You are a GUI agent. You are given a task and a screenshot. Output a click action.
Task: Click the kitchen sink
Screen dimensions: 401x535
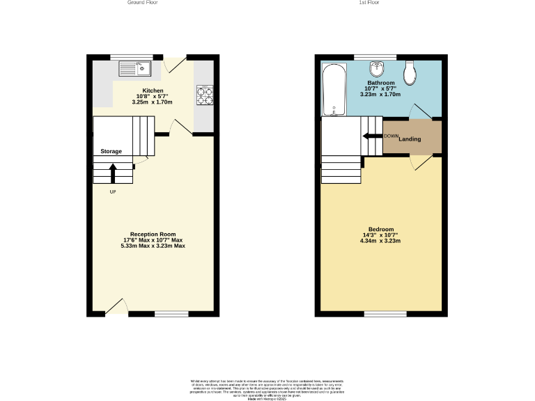coord(135,68)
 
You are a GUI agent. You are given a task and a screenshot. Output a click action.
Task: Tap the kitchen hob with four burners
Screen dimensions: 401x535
coord(205,94)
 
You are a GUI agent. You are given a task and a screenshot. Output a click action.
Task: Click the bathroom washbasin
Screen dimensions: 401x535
coord(377,70)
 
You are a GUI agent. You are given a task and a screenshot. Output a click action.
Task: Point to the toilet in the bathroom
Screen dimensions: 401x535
coord(410,70)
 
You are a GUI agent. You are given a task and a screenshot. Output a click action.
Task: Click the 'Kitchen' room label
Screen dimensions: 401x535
coord(153,91)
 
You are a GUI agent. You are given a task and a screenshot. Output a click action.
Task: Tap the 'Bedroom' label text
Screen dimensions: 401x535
coord(381,230)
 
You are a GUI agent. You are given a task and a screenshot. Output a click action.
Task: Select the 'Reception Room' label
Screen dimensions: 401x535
coord(153,234)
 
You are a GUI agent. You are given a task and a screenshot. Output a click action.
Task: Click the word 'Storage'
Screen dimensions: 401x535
coord(111,151)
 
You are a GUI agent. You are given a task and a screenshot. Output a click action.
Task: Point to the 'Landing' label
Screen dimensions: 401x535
coord(410,139)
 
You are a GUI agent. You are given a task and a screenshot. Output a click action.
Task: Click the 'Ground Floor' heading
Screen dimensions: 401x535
coord(142,3)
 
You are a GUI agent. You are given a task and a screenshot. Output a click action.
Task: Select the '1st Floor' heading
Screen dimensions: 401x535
coord(369,3)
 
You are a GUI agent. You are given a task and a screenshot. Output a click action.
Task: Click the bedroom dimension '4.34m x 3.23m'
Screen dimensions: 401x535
coord(381,241)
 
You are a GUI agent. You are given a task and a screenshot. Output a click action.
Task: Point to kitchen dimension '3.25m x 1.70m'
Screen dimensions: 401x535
coord(152,102)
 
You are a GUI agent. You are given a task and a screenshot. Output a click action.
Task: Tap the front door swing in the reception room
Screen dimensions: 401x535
coord(117,307)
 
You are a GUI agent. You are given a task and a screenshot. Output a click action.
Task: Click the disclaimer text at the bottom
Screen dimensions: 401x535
coord(267,388)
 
